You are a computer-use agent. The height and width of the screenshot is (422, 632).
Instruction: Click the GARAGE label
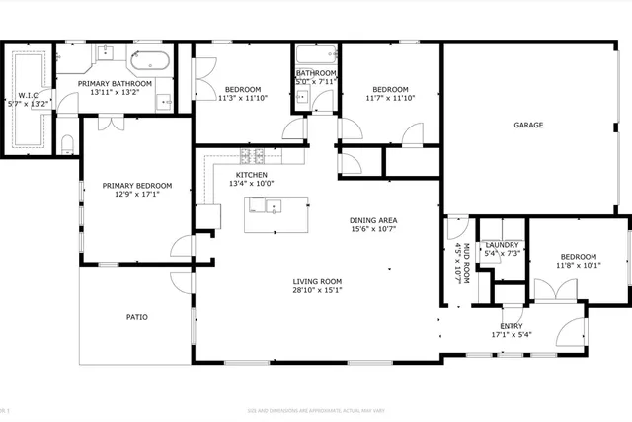(x=527, y=126)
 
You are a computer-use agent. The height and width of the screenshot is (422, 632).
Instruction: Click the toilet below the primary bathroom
(x=67, y=145)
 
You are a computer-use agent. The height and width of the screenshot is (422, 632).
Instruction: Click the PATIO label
(x=136, y=317)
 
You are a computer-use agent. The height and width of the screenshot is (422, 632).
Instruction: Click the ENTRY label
(x=512, y=326)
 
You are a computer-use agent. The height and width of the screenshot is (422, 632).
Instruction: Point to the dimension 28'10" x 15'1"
(x=317, y=291)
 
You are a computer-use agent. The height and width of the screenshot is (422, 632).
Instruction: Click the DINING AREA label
(x=373, y=220)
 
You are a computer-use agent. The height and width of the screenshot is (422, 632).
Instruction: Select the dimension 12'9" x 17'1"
(x=137, y=195)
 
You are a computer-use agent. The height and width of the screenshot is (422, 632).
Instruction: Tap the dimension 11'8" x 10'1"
(x=578, y=265)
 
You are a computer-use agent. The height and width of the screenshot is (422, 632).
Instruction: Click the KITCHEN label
(x=251, y=174)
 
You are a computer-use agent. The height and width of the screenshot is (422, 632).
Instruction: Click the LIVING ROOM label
(x=317, y=281)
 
